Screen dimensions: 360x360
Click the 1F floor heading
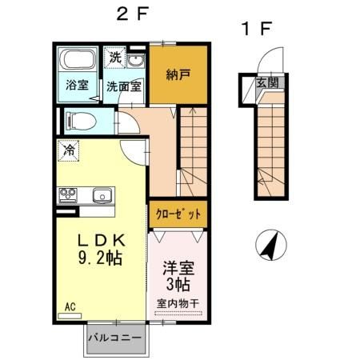click(x=258, y=30)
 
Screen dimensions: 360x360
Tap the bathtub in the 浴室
click(x=79, y=61)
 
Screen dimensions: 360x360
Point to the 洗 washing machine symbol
click(x=116, y=58)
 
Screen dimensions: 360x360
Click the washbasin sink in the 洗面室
click(x=136, y=62)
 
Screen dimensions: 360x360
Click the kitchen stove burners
click(x=68, y=195)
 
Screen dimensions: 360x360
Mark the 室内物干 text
click(x=178, y=303)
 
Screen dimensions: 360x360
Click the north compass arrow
click(x=271, y=243)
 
